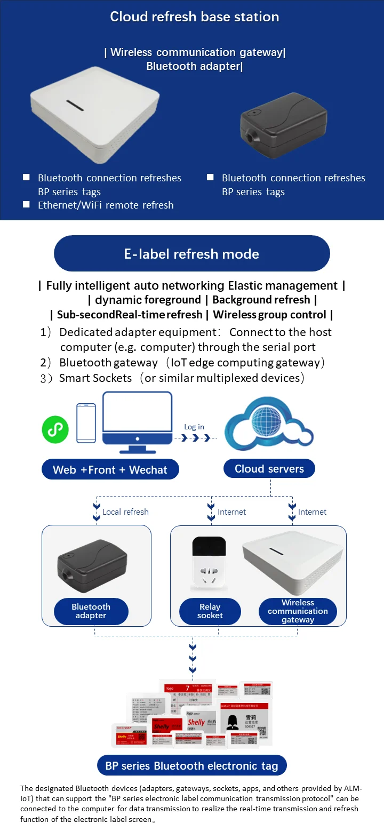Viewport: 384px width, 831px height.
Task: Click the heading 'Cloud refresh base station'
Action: click(194, 17)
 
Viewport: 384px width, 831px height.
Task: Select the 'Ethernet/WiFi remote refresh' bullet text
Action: click(106, 205)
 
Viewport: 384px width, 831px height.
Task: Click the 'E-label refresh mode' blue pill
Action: click(191, 254)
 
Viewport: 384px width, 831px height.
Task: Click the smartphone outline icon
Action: click(86, 423)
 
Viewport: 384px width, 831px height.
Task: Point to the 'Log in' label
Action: click(194, 427)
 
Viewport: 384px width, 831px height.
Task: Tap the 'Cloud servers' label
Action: click(269, 469)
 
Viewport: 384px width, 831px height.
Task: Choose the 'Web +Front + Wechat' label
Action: click(110, 470)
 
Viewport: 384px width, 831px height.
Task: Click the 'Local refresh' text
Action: click(125, 512)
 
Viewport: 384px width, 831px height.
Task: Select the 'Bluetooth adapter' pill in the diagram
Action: click(91, 611)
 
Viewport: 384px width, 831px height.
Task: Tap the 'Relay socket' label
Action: click(210, 611)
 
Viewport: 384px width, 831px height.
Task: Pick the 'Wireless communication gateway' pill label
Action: click(298, 611)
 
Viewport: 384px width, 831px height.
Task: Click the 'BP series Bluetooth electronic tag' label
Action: click(191, 766)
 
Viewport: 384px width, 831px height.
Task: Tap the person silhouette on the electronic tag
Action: click(233, 721)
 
